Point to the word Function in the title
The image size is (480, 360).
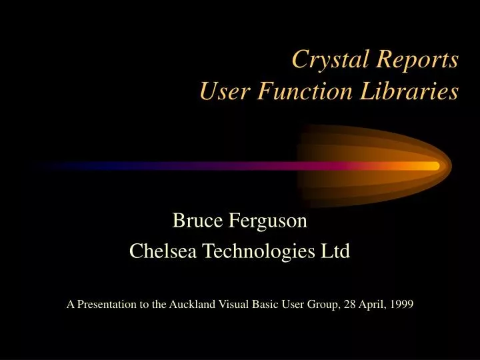pyautogui.click(x=300, y=91)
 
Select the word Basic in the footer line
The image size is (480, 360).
pyautogui.click(x=265, y=305)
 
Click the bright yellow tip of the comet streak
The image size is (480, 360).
pyautogui.click(x=430, y=165)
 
